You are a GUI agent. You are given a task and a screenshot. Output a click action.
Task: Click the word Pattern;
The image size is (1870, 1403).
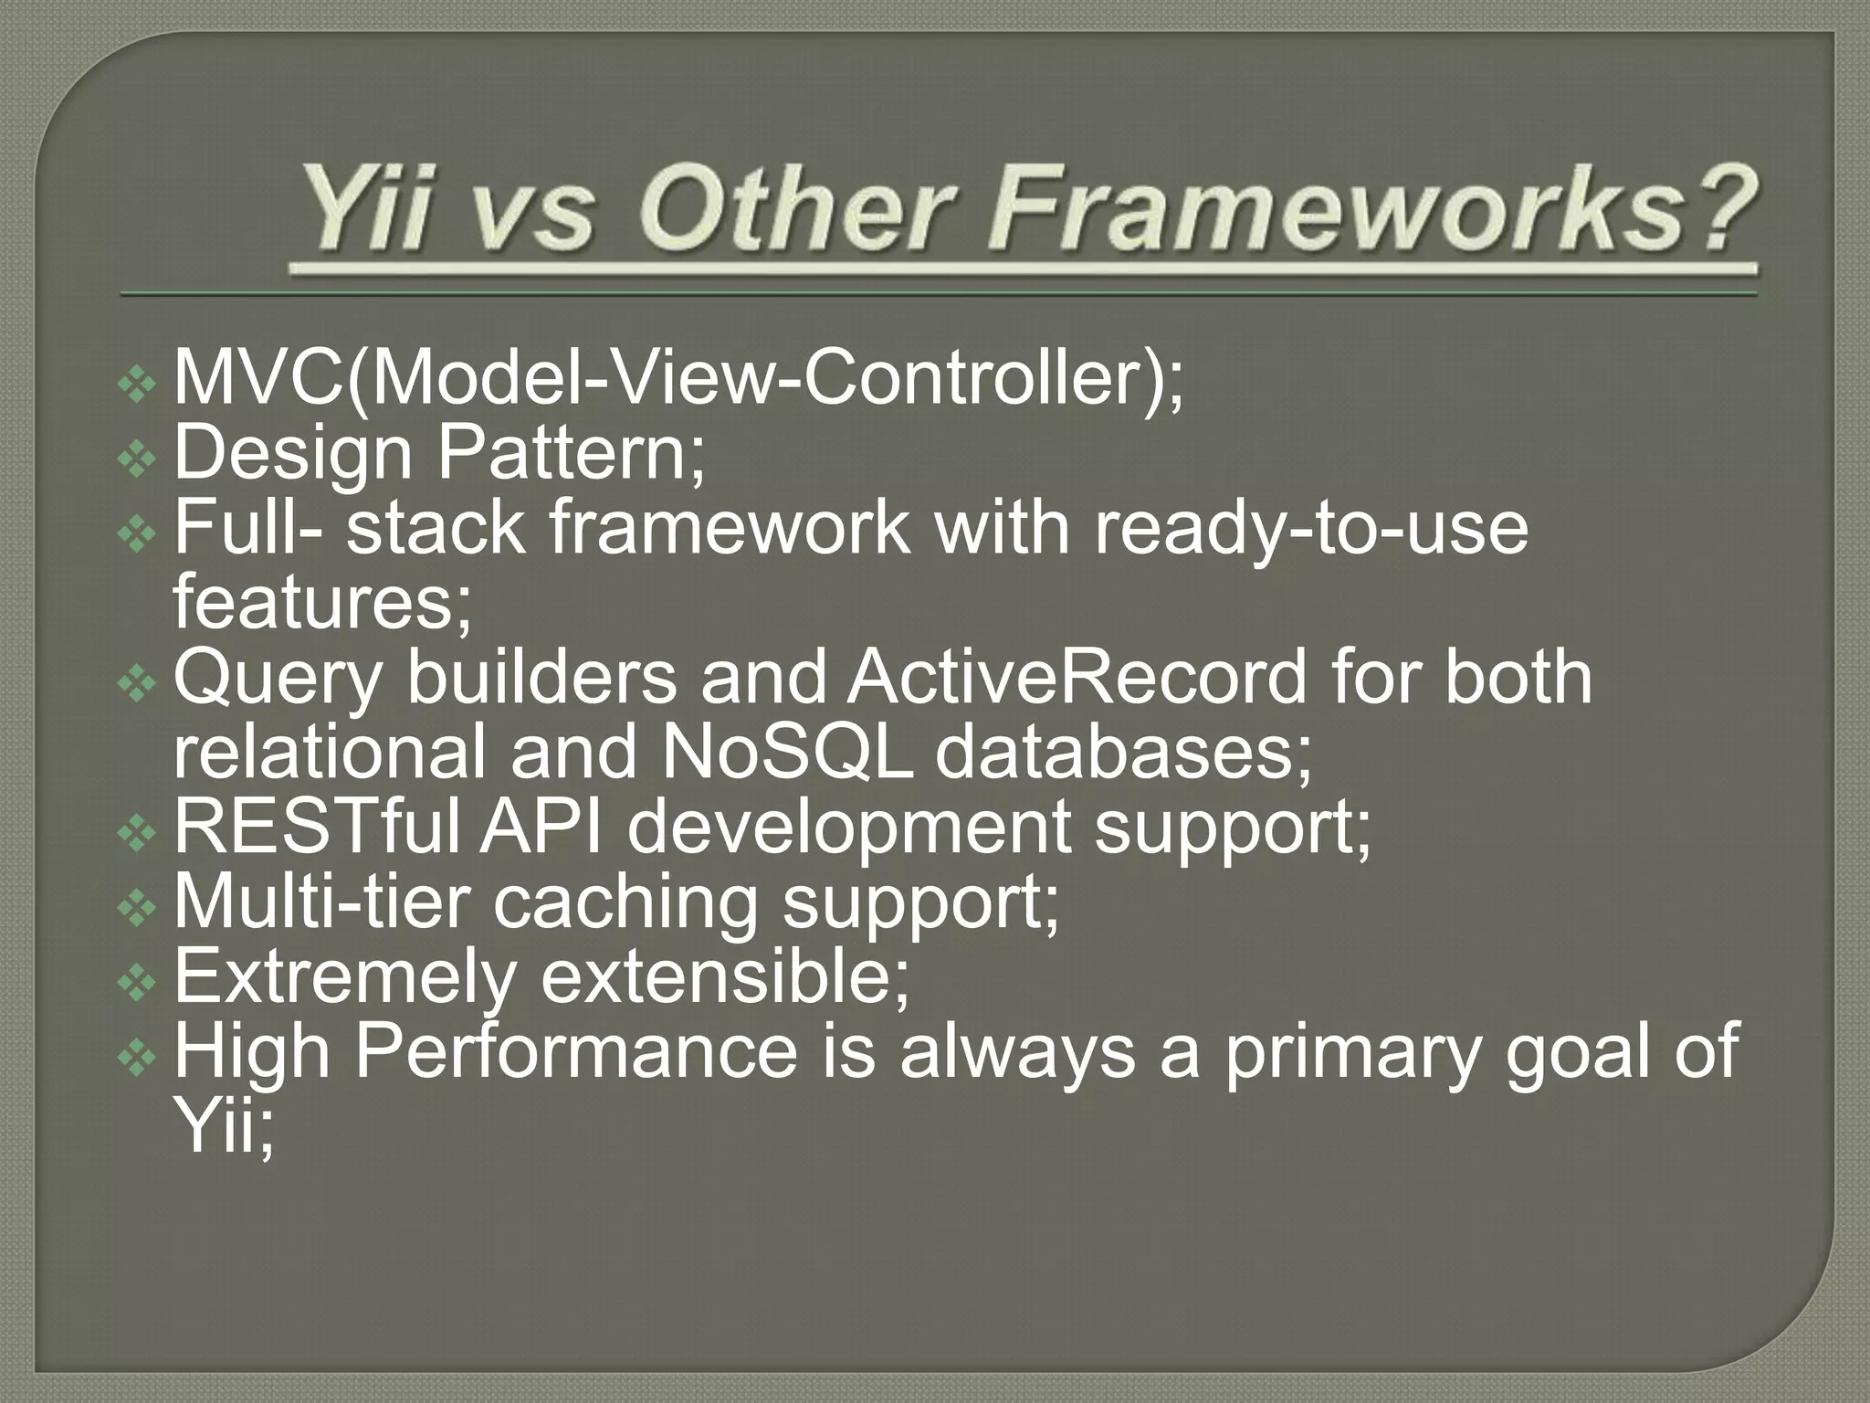572,453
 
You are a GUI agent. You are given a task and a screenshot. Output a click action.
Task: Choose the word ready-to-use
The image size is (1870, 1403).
1310,530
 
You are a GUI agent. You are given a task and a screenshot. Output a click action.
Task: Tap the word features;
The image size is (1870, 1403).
322,603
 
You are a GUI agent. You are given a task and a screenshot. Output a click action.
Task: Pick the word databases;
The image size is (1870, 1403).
1123,753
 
